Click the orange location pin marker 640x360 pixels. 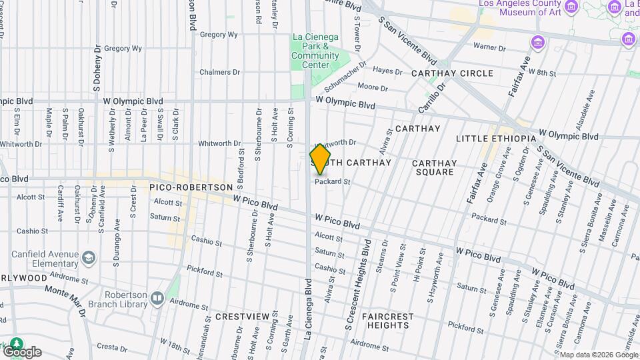321,160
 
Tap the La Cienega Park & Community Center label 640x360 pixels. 315,51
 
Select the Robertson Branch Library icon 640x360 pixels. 157,298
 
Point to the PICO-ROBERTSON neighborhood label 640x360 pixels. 191,188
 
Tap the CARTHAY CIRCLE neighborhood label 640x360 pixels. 452,73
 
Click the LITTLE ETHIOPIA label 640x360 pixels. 496,139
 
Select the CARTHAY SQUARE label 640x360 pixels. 434,167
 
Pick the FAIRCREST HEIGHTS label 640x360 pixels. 387,321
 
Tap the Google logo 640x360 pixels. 22,351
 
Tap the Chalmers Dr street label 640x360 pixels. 219,72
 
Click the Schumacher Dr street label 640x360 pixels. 346,77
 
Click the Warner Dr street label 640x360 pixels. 486,47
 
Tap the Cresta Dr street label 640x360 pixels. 111,347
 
